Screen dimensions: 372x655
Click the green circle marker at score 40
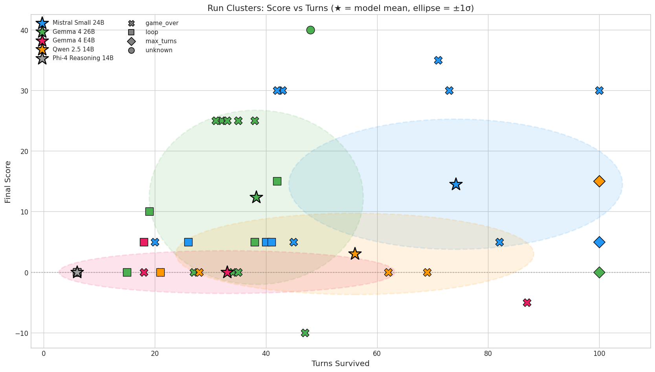(310, 30)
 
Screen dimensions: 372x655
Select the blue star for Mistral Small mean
(456, 184)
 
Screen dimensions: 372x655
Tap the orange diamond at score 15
(599, 181)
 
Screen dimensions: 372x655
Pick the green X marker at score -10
(305, 333)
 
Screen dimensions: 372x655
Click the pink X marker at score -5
(527, 303)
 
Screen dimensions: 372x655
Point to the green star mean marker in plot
(256, 197)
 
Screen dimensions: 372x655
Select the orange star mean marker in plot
(355, 254)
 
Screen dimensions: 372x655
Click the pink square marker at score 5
(144, 242)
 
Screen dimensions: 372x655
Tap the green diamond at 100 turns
(599, 272)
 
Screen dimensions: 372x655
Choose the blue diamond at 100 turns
(599, 242)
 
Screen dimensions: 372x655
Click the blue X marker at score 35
(438, 60)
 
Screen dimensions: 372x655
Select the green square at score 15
(277, 181)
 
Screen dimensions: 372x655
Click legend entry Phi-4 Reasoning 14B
(83, 58)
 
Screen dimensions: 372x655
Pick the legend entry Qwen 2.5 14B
(73, 49)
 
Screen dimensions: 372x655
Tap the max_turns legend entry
(161, 41)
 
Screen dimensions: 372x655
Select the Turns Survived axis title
(340, 364)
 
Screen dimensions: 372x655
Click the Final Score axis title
(8, 181)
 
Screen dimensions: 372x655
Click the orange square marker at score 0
(160, 272)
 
